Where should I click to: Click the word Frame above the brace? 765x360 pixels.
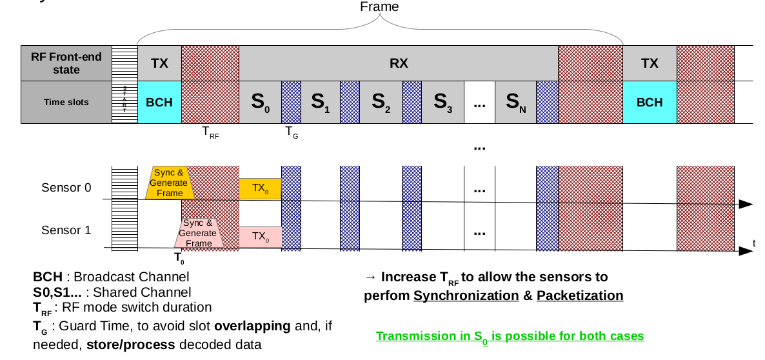[379, 7]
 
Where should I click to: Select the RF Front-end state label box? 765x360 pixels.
[66, 63]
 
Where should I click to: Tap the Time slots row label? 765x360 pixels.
[66, 102]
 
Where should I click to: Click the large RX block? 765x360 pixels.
[399, 63]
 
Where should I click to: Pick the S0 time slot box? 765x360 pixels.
[261, 102]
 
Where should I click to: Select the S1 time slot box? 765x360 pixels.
[321, 102]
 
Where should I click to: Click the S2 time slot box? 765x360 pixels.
[381, 102]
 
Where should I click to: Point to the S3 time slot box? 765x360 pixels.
[442, 102]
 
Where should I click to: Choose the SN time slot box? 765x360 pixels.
[515, 102]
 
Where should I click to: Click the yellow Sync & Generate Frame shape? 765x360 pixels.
[170, 183]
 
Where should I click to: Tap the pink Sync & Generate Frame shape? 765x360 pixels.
[199, 233]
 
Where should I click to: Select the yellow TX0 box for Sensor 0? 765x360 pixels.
[260, 188]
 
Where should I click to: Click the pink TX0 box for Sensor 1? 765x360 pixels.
[260, 236]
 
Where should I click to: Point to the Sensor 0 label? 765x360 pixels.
[66, 188]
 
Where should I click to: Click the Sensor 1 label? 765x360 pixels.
[66, 230]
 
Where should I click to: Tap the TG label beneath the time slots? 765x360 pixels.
[292, 133]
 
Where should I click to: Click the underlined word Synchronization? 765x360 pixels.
[466, 296]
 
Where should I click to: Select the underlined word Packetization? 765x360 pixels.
[580, 296]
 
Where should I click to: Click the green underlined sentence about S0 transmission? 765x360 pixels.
[510, 337]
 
